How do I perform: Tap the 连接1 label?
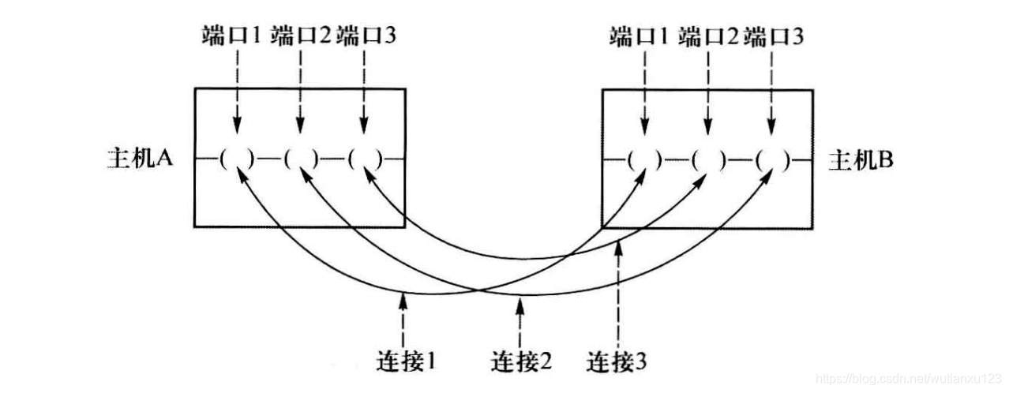point(404,362)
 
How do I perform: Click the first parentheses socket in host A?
point(236,159)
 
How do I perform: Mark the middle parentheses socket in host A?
point(300,159)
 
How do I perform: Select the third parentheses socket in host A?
point(364,159)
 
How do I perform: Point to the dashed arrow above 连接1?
point(404,318)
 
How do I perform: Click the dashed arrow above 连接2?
point(520,321)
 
